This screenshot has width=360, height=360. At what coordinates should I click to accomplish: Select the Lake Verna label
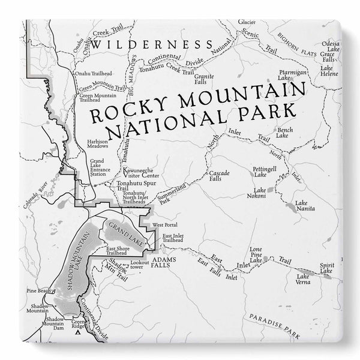pyautogui.click(x=303, y=279)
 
